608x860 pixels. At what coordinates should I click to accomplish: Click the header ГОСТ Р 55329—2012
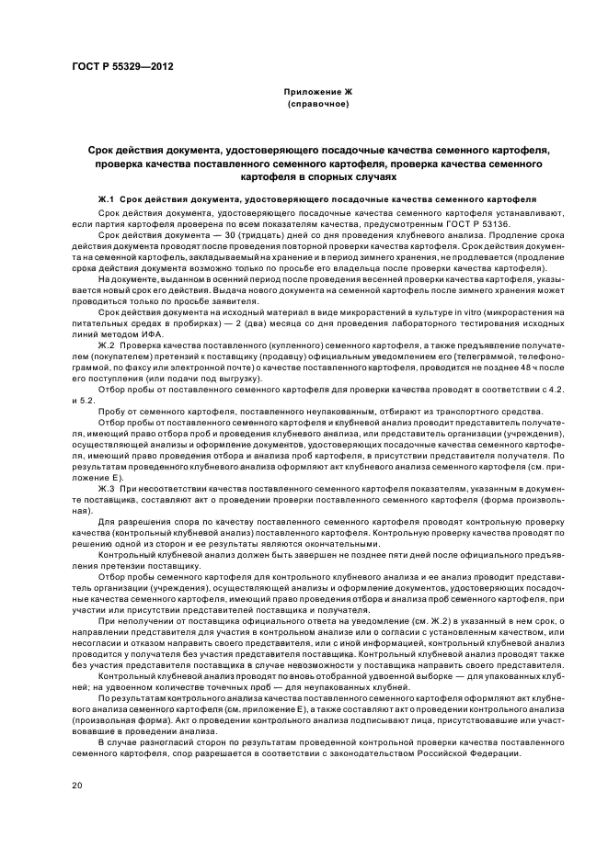click(122, 68)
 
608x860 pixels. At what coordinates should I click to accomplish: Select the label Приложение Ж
click(316, 94)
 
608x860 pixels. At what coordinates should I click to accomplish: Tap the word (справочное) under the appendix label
click(316, 105)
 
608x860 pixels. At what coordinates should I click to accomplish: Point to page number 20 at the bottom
click(77, 785)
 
